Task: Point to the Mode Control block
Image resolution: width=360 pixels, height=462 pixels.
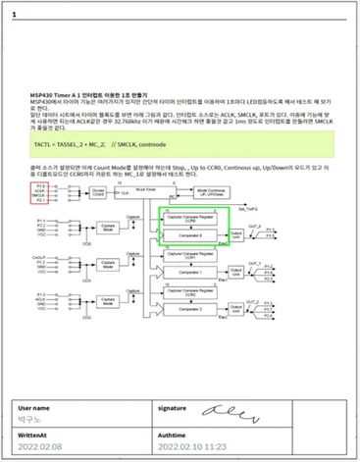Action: pyautogui.click(x=220, y=192)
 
